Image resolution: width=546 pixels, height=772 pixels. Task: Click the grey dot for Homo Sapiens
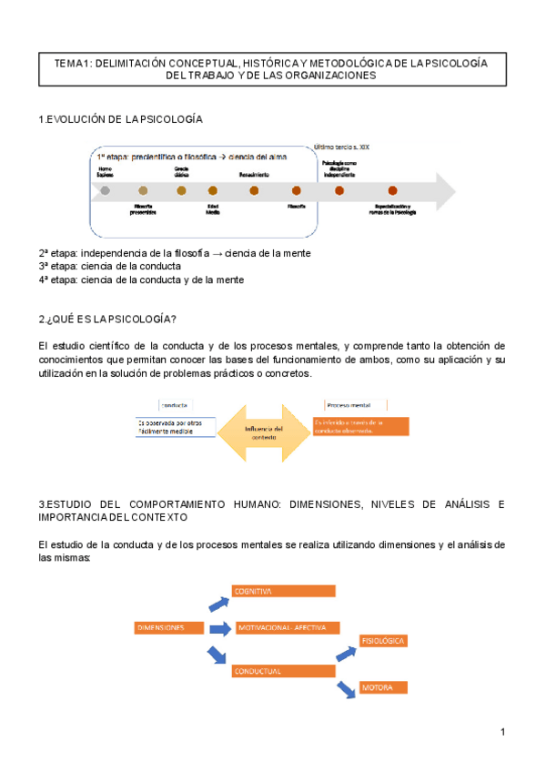106,190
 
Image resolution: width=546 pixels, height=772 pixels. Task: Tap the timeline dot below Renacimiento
254,190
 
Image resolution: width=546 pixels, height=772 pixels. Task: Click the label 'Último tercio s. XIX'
341,146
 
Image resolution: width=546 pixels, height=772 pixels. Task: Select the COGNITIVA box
284,592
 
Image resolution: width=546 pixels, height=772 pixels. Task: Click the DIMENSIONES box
169,627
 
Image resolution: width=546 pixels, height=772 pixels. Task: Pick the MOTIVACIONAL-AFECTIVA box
288,627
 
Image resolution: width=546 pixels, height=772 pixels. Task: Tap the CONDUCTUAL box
284,671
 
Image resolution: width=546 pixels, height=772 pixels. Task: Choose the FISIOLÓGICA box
383,641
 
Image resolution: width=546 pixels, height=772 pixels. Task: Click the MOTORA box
383,687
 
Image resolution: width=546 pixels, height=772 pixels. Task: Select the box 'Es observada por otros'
176,426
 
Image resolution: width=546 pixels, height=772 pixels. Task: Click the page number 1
501,732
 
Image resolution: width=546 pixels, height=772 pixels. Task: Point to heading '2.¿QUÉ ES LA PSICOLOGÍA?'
107,318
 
